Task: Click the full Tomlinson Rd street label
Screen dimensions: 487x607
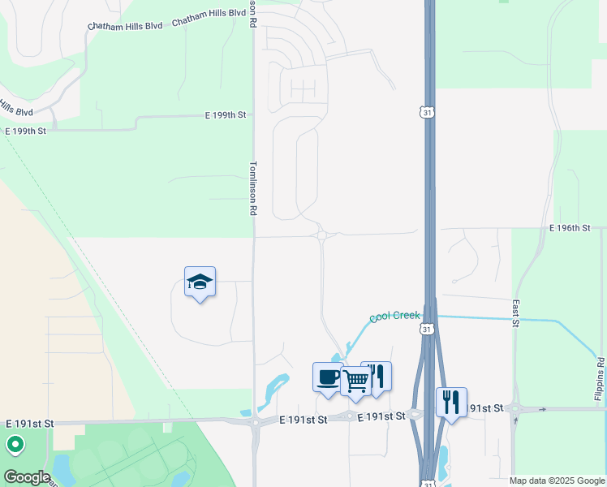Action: click(252, 187)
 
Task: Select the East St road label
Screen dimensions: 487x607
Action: click(515, 312)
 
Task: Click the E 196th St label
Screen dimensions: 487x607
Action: click(569, 229)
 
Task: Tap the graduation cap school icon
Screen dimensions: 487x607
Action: click(200, 282)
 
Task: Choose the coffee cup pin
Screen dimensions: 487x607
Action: click(328, 377)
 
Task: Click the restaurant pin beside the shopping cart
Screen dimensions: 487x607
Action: click(377, 377)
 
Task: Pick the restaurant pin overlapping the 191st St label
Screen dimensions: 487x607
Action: click(451, 403)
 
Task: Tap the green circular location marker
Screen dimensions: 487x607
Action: click(15, 445)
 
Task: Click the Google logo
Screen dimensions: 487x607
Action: click(27, 477)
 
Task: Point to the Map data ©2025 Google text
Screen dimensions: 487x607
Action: click(557, 481)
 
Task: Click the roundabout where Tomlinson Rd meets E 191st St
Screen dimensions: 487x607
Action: click(255, 421)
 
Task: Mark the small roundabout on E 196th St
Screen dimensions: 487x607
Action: click(323, 235)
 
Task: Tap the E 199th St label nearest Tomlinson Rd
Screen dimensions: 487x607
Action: click(226, 116)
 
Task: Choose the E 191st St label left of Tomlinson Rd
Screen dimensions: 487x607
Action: click(30, 424)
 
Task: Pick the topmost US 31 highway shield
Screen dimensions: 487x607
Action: click(428, 111)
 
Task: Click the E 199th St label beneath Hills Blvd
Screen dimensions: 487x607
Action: click(25, 131)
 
